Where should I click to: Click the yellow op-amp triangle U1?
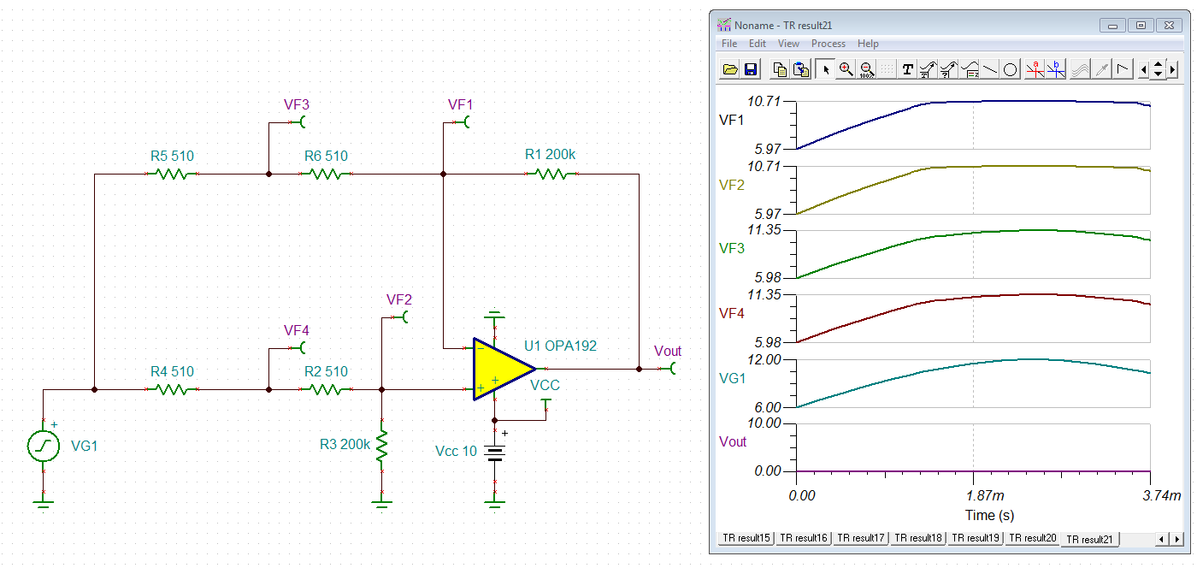pos(500,369)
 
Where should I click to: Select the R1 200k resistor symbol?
pos(551,174)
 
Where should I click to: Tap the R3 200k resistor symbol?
pos(382,446)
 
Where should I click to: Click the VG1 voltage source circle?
pos(43,446)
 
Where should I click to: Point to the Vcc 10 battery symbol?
pos(494,452)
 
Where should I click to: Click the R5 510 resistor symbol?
pos(172,174)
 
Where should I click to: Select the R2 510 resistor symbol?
pos(325,389)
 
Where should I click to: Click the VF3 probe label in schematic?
pos(296,104)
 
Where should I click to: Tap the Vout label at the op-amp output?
pos(667,351)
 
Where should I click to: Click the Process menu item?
pos(828,44)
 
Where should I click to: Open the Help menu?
pos(868,44)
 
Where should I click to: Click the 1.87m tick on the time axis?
pos(973,495)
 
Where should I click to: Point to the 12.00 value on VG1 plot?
pos(763,359)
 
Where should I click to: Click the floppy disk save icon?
pos(751,70)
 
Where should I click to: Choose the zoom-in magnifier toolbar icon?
pos(846,70)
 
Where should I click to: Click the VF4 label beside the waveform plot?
pos(731,314)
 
